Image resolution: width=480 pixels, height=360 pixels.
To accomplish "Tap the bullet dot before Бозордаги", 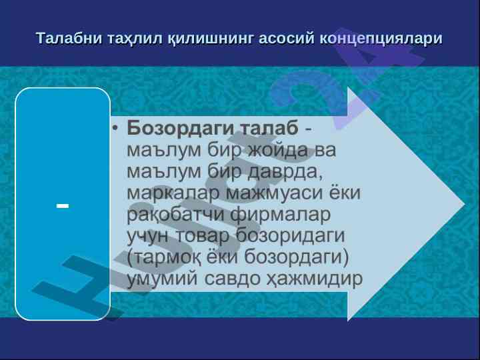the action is click(x=115, y=127).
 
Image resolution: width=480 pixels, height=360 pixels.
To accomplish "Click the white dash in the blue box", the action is click(x=63, y=206).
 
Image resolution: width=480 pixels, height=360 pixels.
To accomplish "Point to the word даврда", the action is click(x=285, y=172).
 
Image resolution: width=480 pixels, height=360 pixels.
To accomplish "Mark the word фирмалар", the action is click(x=281, y=215).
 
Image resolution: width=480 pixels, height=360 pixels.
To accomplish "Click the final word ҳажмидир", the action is click(x=314, y=279).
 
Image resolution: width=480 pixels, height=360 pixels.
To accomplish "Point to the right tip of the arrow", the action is click(x=465, y=204).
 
